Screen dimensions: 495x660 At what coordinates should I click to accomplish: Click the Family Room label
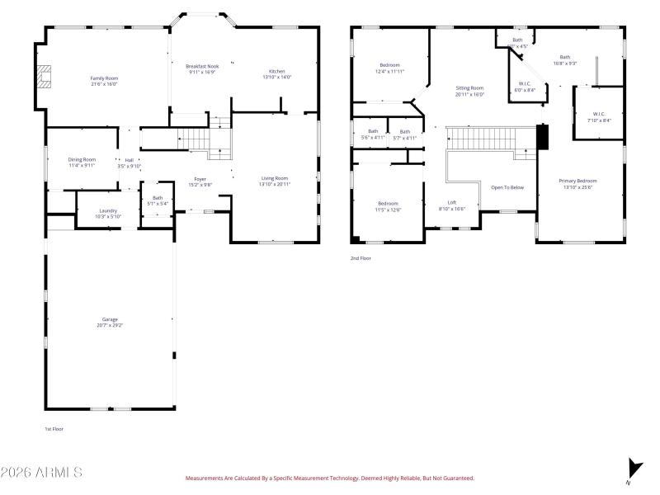pos(104,78)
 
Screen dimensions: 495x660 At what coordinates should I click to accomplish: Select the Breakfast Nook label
pos(201,65)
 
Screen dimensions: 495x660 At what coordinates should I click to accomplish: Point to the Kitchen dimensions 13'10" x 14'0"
pos(277,77)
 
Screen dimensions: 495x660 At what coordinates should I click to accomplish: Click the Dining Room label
pos(82,159)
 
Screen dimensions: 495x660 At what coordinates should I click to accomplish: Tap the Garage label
pos(110,319)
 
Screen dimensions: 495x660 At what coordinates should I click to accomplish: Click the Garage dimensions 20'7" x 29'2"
pos(110,325)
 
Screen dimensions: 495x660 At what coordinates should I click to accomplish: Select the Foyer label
pos(200,179)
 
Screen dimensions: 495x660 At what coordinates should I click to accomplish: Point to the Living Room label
pos(275,178)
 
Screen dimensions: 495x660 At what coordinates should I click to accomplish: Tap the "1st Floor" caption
pos(54,429)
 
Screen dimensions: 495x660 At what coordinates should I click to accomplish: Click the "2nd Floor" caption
pos(361,258)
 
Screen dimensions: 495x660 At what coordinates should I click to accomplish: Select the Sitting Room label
pos(469,87)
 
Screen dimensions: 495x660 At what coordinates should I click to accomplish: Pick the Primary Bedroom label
pos(577,181)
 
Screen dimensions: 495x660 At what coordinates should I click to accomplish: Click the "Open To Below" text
pos(507,187)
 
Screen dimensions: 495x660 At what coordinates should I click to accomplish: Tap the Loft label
pos(452,203)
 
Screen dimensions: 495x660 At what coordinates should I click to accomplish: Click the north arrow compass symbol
pos(634,466)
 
